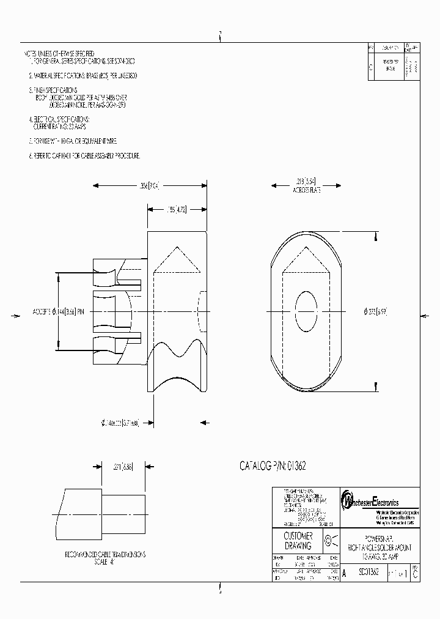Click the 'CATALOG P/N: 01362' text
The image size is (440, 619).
(272, 466)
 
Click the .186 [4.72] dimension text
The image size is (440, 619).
(178, 210)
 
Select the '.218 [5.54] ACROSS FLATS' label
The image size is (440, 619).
(306, 185)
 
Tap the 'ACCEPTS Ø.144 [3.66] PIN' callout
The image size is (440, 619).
(59, 311)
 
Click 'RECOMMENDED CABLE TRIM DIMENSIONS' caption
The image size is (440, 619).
(106, 554)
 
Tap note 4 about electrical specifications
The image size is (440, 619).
(61, 123)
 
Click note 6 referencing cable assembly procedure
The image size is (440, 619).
(85, 156)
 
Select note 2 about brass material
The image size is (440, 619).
(83, 76)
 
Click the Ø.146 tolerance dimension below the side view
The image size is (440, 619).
(120, 422)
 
